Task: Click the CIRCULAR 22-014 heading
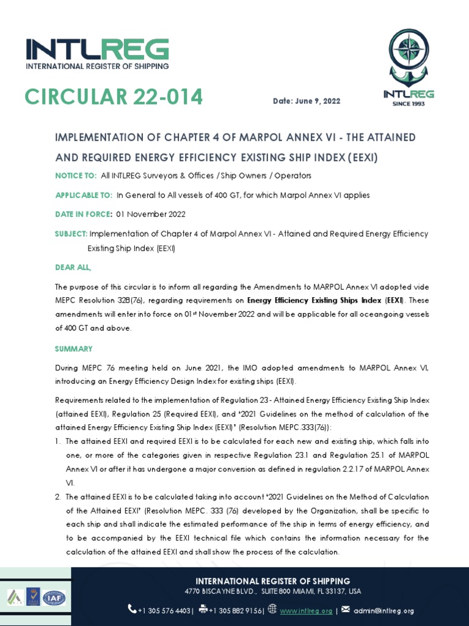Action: point(114,97)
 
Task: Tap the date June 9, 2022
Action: point(307,101)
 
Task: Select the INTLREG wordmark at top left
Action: point(97,49)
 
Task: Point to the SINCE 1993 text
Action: point(409,103)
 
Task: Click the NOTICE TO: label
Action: point(76,175)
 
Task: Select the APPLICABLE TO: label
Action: point(84,195)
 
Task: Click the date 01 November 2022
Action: point(151,214)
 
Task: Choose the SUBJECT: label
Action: point(71,234)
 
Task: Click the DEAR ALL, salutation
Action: point(73,267)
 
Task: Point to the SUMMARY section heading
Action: point(73,348)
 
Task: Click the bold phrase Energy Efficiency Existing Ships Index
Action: point(314,300)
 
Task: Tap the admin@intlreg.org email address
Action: point(384,611)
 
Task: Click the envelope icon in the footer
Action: point(345,609)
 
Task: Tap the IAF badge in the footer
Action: point(54,597)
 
